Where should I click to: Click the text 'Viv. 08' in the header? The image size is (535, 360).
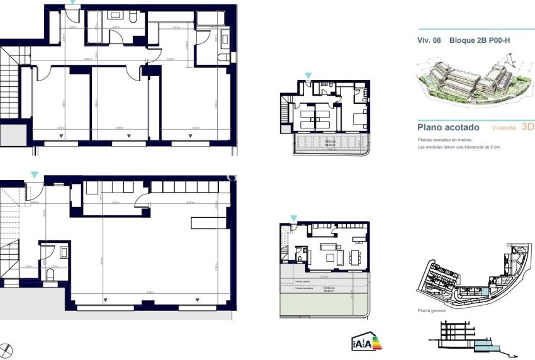pos(429,41)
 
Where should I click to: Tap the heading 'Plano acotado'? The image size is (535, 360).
pos(448,127)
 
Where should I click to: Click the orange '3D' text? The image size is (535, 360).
pos(527,127)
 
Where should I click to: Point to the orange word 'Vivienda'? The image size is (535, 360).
pos(503,128)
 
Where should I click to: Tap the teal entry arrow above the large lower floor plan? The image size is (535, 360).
pos(35,174)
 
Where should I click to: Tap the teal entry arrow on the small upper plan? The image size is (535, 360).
pos(308,76)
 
